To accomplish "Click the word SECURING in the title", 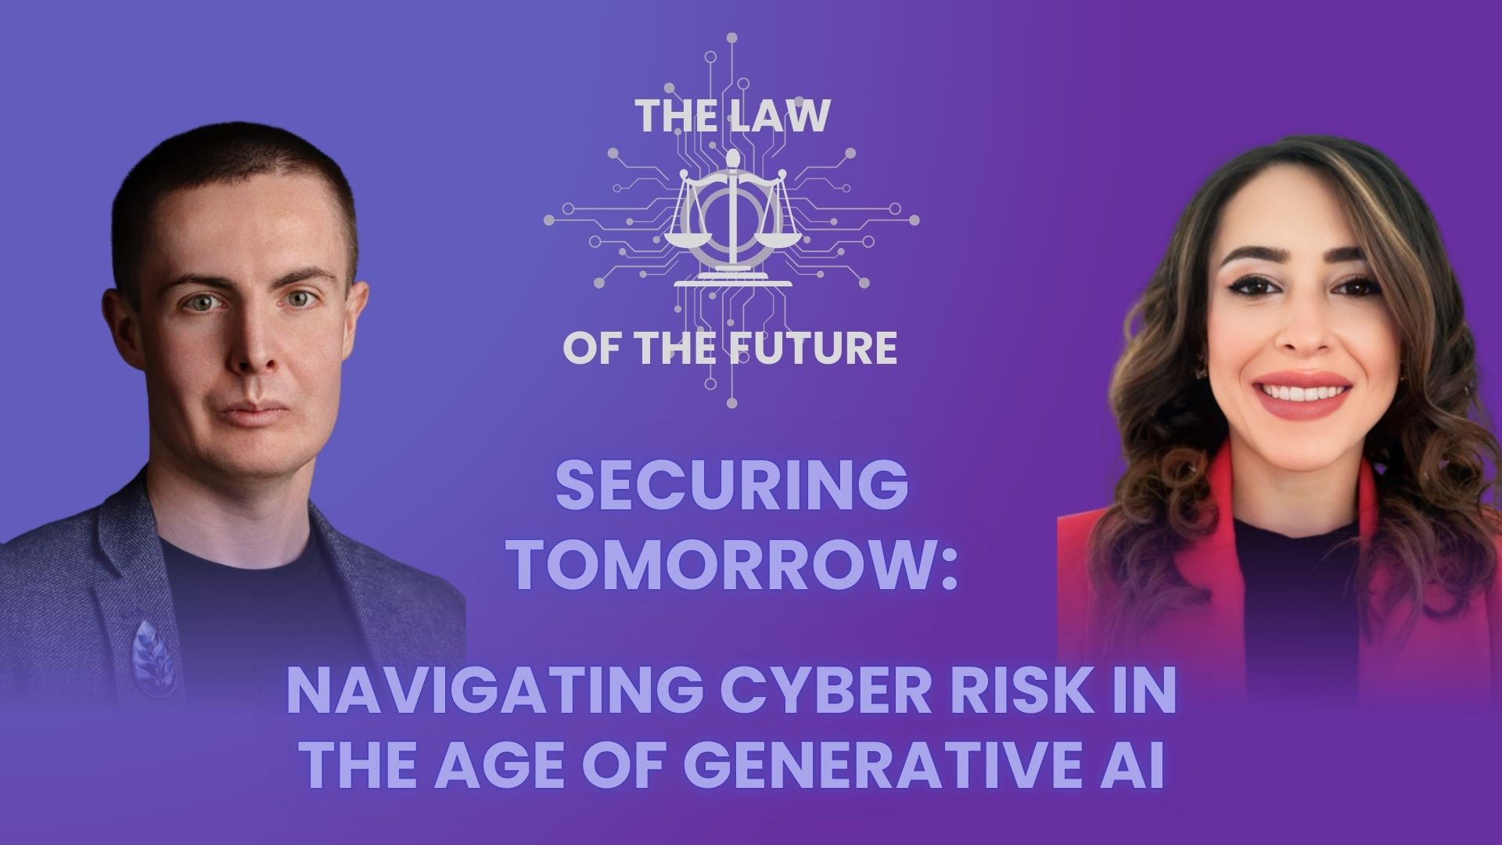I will [731, 487].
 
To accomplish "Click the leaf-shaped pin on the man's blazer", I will [153, 656].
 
